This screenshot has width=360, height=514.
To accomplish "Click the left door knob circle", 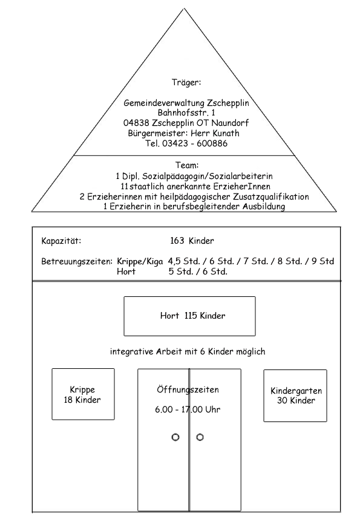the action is (x=175, y=437).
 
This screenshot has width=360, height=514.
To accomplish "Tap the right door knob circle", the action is (x=200, y=437).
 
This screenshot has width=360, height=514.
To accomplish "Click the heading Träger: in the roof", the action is (x=186, y=82).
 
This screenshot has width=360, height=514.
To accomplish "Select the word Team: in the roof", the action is (x=187, y=165).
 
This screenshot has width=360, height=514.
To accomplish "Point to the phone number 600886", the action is (x=212, y=143).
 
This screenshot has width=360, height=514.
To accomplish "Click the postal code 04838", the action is (x=136, y=123).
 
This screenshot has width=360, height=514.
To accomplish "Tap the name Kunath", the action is (x=226, y=133).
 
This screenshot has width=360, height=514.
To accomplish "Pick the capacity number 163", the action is (x=177, y=241).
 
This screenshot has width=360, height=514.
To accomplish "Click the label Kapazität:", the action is (x=61, y=241).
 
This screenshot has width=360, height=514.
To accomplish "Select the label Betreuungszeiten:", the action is (x=77, y=262).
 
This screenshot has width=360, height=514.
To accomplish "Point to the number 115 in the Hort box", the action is (x=191, y=315).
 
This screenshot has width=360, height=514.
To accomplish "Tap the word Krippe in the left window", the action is (x=82, y=390).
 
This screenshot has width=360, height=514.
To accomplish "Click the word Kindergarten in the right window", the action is (x=296, y=391).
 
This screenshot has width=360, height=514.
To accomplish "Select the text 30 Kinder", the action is (x=296, y=400).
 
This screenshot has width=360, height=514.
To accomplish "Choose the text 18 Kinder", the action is (x=82, y=400).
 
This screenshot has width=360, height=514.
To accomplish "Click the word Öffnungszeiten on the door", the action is (x=188, y=389).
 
